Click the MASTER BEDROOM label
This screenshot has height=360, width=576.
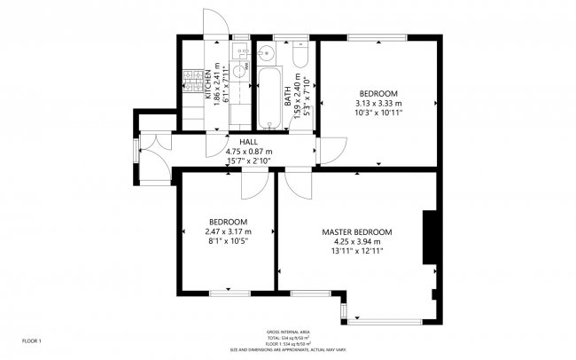pyautogui.click(x=357, y=231)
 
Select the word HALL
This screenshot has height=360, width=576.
pyautogui.click(x=248, y=142)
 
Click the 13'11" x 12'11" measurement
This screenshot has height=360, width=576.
pyautogui.click(x=357, y=251)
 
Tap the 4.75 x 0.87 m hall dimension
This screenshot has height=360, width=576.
pyautogui.click(x=248, y=152)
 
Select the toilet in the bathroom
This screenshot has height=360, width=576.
pyautogui.click(x=300, y=59)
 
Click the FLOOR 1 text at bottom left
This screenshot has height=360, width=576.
pyautogui.click(x=31, y=340)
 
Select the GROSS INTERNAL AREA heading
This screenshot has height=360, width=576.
pyautogui.click(x=289, y=332)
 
